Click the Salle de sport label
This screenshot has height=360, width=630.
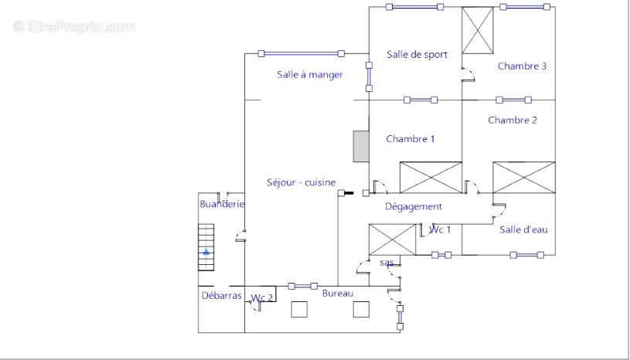coord(417,55)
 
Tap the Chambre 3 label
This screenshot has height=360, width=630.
coord(522,66)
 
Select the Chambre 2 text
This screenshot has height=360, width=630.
coord(513,120)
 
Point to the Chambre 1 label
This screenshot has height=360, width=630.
coord(410,139)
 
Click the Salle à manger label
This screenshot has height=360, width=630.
coord(310,75)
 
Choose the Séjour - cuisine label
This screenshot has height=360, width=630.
coord(301,182)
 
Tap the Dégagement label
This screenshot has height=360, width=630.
coord(414,207)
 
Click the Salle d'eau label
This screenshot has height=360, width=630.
coord(523,229)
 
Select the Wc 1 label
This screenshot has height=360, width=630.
coord(440,229)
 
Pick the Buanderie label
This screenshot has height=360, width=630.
coord(222,204)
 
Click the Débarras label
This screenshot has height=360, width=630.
coord(221,296)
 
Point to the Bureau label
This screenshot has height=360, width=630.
coord(338,294)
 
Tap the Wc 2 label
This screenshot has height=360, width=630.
coord(262,297)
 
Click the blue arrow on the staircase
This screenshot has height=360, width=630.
coord(206,252)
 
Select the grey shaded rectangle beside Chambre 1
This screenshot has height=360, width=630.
coord(361,147)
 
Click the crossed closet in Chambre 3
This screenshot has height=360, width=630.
coord(478,30)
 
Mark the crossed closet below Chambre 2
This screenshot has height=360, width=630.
coord(524,178)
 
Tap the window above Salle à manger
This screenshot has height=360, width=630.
coord(301,53)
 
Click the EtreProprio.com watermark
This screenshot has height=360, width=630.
coord(74,27)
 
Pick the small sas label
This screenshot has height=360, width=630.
coord(387,263)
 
